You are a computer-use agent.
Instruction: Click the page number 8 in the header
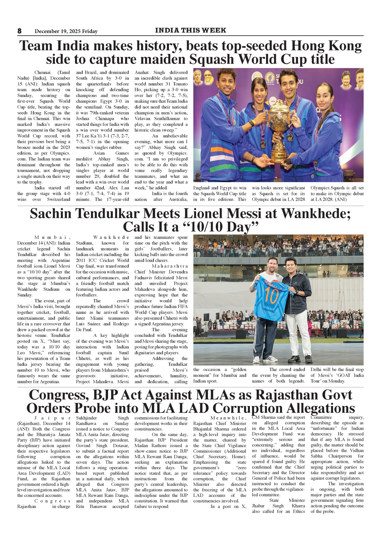[x=19, y=31]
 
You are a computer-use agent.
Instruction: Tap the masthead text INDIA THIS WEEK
[x=190, y=30]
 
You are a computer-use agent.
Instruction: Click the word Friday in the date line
[x=90, y=31]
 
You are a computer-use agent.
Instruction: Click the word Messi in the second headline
[x=244, y=213]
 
